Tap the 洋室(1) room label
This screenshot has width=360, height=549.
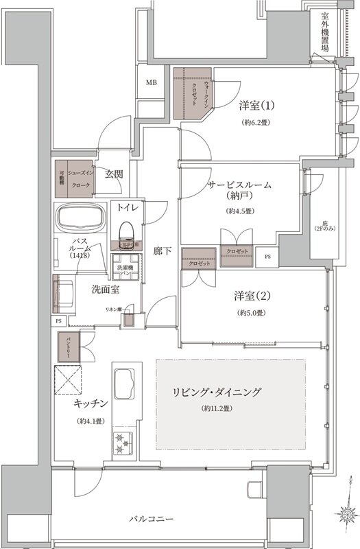[256, 106]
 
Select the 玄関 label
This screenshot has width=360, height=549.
[114, 174]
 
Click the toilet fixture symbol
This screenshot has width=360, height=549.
[125, 230]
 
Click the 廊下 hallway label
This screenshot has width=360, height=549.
[162, 251]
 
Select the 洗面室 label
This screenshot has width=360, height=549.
[106, 289]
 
